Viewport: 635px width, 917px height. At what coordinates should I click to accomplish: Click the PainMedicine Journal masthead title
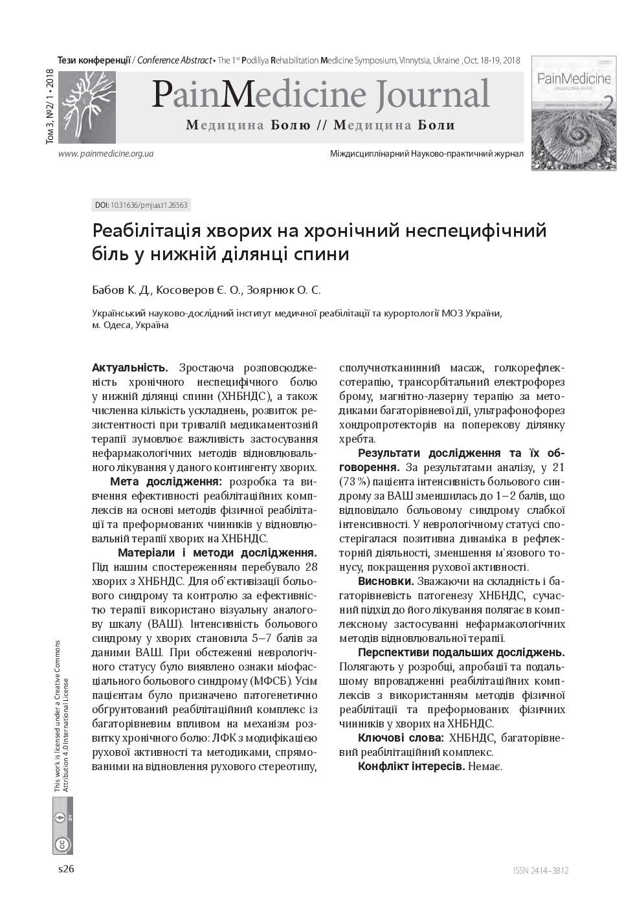point(320,94)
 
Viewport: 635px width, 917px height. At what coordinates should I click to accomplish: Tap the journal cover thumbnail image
point(574,113)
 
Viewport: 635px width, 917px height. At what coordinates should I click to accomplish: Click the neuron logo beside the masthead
point(87,107)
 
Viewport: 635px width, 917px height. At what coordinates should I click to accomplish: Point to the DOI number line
point(141,205)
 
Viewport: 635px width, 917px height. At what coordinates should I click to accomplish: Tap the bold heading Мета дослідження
point(166,482)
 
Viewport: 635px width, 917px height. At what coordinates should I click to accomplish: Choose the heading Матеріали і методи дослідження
point(217,553)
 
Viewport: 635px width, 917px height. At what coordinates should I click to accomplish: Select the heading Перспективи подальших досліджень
point(461,652)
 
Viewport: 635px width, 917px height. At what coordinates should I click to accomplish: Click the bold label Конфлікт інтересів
point(411,766)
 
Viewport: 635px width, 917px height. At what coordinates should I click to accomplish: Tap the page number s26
point(66,870)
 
